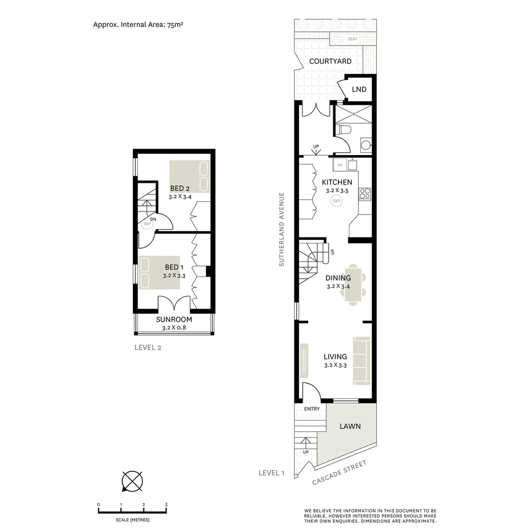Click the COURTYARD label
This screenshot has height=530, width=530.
[x=330, y=61]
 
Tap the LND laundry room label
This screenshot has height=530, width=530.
[x=359, y=89]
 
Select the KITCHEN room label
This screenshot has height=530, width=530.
[x=337, y=183]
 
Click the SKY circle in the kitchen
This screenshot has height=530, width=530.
[x=337, y=201]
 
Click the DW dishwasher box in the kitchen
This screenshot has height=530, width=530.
[x=340, y=164]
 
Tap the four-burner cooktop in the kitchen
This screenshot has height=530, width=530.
[x=365, y=194]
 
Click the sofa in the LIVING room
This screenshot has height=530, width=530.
[x=362, y=361]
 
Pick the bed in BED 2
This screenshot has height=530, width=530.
[x=189, y=176]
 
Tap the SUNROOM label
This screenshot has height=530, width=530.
[x=174, y=319]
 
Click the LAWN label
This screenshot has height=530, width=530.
[x=350, y=426]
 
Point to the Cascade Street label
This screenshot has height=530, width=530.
[x=339, y=473]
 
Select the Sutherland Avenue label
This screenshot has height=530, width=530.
[x=282, y=229]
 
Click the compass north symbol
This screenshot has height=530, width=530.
[x=132, y=480]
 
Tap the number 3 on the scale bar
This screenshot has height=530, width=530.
[x=166, y=504]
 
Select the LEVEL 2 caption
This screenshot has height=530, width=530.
[x=148, y=348]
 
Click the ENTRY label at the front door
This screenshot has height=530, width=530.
[x=312, y=409]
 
